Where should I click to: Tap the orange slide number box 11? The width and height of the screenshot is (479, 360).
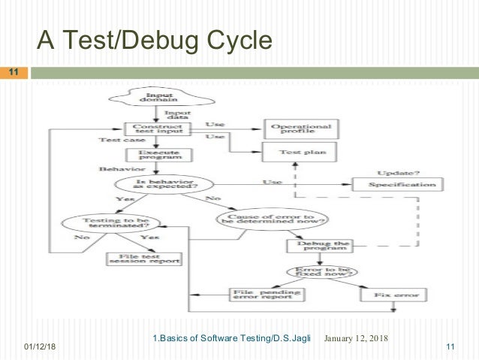[x=14, y=73]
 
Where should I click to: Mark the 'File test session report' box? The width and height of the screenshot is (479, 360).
[x=143, y=259]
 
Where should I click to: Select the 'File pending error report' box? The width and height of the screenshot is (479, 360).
[x=259, y=295]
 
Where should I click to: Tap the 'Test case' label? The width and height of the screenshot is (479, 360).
[x=116, y=141]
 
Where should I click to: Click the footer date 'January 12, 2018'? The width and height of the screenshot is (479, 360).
[x=356, y=337]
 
